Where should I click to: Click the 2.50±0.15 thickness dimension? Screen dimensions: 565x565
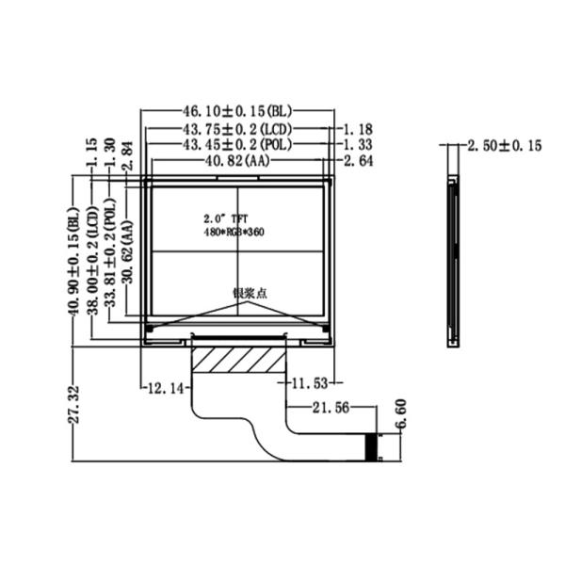click(x=505, y=145)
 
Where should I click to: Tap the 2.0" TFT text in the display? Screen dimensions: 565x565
click(x=218, y=218)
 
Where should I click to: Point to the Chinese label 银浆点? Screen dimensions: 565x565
click(x=250, y=294)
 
